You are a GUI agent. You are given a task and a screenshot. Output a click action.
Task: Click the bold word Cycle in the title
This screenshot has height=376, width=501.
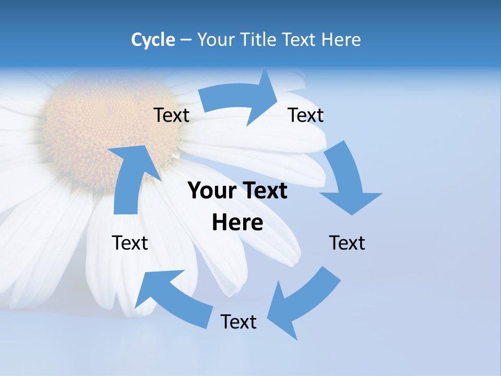point(153,40)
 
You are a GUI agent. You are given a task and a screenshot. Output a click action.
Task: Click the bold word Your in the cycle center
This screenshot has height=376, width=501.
point(209,191)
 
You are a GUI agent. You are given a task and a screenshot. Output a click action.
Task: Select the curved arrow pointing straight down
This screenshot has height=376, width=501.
point(347,180)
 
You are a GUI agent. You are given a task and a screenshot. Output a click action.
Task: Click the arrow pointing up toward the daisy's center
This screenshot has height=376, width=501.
point(130,178)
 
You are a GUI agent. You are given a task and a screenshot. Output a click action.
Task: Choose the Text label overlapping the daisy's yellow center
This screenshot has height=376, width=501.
point(171,115)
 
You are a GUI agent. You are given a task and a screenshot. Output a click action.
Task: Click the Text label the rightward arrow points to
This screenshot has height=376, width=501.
point(306,115)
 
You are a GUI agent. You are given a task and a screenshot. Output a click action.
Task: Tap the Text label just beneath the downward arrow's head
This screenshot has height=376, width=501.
point(347,243)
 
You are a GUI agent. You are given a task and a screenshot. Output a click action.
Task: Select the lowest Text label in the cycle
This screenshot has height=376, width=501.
point(238,322)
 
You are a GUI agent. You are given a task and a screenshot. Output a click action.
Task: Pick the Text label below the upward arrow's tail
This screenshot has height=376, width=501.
point(130,243)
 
